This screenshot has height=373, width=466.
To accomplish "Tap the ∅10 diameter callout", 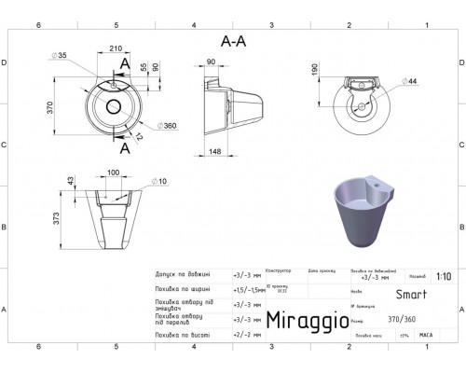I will [x=158, y=180].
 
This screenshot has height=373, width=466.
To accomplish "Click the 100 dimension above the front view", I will [x=115, y=173].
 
